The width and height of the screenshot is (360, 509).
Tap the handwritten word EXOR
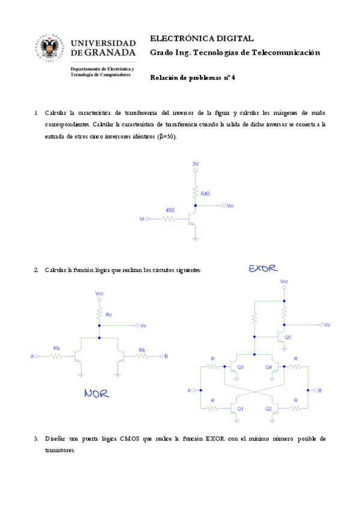click(x=263, y=268)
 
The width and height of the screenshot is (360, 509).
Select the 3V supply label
click(x=195, y=164)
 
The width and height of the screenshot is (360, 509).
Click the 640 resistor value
click(x=205, y=193)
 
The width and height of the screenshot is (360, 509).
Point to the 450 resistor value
click(x=170, y=210)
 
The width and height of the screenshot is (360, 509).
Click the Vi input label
click(x=142, y=219)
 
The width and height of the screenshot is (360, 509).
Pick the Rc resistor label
click(x=109, y=315)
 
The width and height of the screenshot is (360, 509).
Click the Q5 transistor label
click(x=288, y=337)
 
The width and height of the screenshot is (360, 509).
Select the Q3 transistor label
click(x=240, y=367)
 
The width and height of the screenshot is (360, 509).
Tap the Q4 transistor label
click(x=268, y=367)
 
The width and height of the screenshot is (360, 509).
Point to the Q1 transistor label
click(x=240, y=409)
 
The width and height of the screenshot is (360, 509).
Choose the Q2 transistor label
click(x=268, y=409)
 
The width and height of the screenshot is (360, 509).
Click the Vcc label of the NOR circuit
click(x=100, y=294)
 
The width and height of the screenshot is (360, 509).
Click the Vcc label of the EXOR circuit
click(x=284, y=281)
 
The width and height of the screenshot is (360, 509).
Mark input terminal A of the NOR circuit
click(x=33, y=356)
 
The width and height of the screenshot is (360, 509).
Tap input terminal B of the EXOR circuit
click(x=319, y=390)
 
